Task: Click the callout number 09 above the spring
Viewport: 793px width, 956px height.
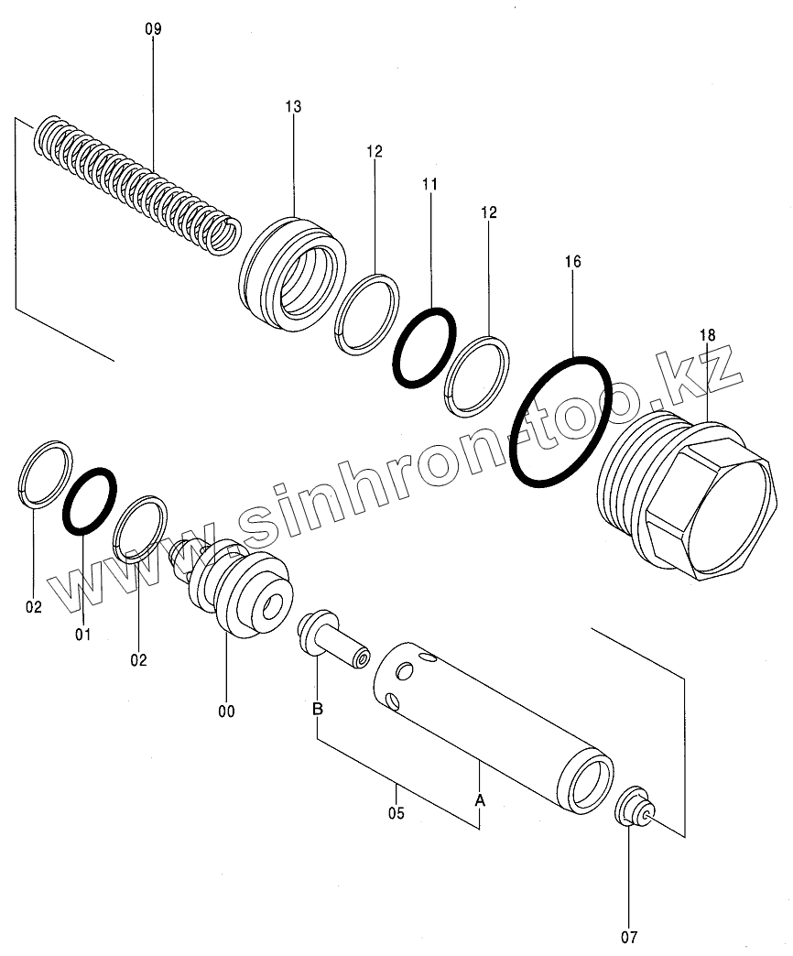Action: coord(153,29)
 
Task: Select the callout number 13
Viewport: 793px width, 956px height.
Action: coord(292,107)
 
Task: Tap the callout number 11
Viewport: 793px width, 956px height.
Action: coord(429,185)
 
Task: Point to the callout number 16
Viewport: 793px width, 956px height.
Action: coord(572,262)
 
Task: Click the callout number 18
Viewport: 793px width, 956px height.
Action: coord(709,335)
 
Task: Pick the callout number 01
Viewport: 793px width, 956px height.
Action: coord(83,633)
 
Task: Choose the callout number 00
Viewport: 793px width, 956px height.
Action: coord(226,711)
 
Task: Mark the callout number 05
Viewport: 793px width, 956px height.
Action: coord(396,811)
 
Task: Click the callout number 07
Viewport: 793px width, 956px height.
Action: coord(629,937)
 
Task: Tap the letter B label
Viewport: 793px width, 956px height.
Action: coord(317,709)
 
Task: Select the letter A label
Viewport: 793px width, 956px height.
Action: coord(479,800)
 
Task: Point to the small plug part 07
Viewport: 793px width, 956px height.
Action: coord(633,807)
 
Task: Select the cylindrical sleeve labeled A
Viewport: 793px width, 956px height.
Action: coord(485,723)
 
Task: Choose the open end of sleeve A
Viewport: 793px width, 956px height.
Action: coord(587,782)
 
